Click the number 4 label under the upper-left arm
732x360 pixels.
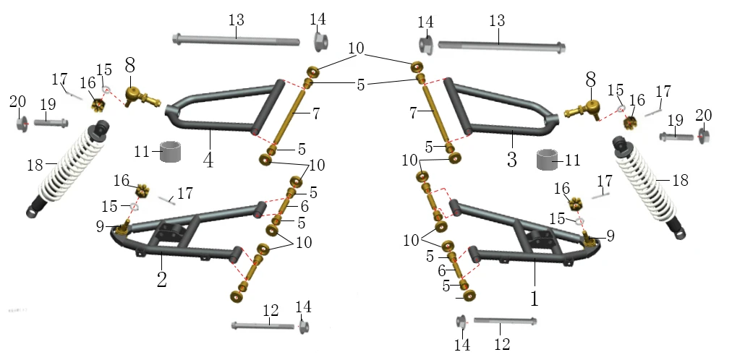[208, 160]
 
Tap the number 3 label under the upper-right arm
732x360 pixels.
[512, 160]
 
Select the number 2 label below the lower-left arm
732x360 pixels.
[161, 279]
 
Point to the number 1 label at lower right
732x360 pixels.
[535, 299]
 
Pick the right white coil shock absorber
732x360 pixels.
[650, 187]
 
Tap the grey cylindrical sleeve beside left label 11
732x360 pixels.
[170, 152]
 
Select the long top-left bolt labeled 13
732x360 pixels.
[236, 40]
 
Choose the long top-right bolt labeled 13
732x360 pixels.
[501, 46]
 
